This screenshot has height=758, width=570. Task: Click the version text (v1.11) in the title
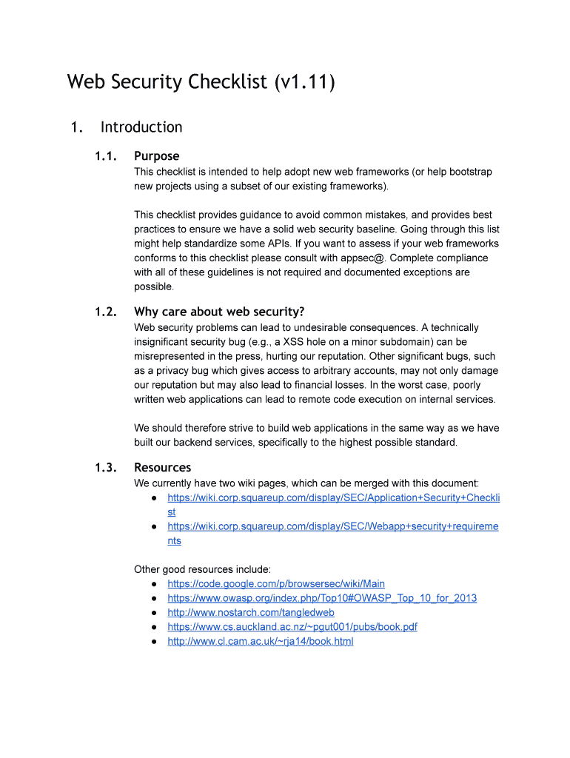(304, 81)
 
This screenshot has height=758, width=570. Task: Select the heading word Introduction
(141, 127)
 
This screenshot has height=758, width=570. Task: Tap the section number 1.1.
(106, 156)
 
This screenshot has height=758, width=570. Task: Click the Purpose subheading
(156, 156)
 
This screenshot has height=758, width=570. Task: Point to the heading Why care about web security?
(219, 312)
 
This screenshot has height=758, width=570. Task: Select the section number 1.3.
(106, 468)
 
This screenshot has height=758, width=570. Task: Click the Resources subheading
(162, 468)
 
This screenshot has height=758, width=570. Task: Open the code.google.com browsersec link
(276, 584)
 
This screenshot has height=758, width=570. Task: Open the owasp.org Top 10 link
(322, 598)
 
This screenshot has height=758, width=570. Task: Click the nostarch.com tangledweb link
(251, 612)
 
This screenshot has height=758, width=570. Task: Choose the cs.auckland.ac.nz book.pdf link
(292, 627)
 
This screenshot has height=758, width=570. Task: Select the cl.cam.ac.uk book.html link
(261, 641)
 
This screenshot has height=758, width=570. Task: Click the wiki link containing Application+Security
(333, 498)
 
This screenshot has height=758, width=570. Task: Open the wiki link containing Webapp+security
(333, 526)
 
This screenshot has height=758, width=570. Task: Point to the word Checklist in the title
(227, 81)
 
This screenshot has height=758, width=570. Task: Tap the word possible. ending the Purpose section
(154, 286)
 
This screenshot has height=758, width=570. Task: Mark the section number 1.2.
(106, 312)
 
